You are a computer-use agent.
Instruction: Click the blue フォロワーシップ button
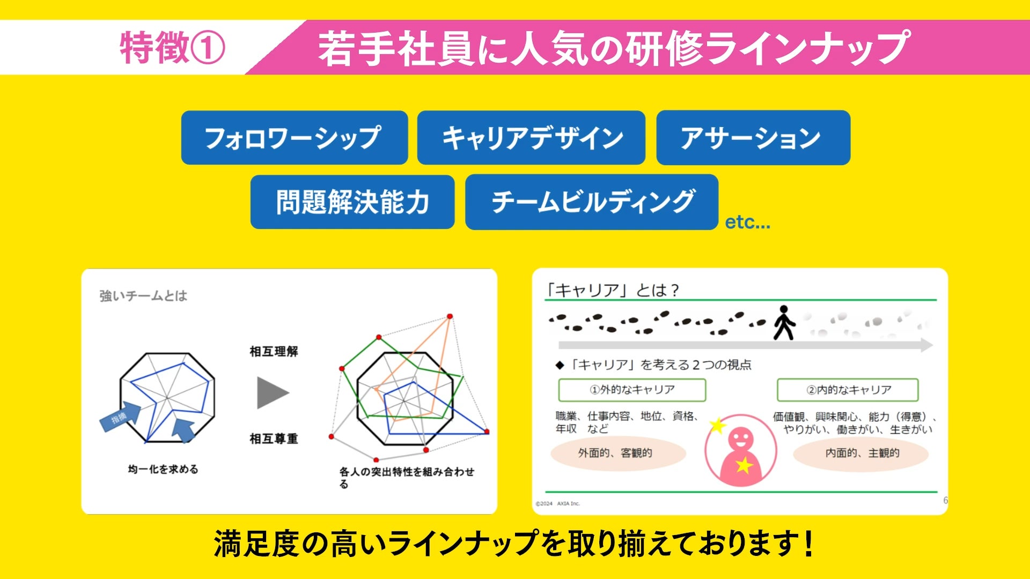[294, 138]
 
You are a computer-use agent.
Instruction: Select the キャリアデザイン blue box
[531, 138]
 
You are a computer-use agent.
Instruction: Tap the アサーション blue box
[753, 138]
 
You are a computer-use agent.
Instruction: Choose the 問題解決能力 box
[352, 202]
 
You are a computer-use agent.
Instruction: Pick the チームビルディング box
[592, 202]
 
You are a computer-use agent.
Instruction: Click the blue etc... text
[747, 222]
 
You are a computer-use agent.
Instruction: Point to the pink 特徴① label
[172, 47]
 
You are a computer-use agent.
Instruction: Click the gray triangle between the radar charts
[272, 392]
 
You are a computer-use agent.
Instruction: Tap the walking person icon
[784, 323]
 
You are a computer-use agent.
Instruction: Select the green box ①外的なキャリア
[632, 390]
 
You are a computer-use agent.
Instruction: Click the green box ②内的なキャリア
[848, 390]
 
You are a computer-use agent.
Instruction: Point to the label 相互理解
[274, 352]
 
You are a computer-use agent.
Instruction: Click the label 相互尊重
[274, 439]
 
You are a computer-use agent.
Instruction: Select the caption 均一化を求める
[163, 470]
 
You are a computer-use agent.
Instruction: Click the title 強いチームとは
[143, 296]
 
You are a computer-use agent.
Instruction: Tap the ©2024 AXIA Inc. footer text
[558, 503]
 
